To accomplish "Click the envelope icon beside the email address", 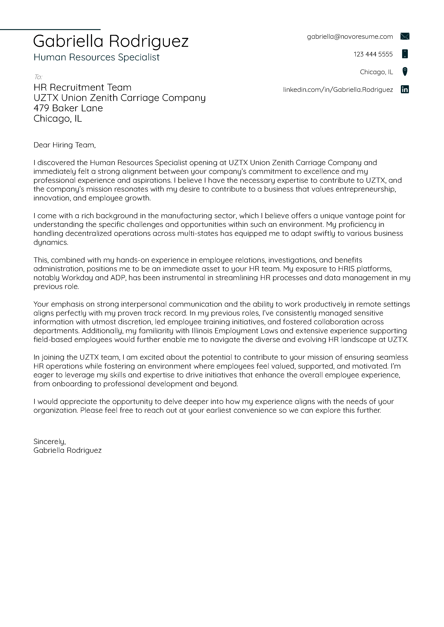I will tap(405, 36).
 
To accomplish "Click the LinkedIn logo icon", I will tap(405, 89).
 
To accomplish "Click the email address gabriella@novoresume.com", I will tap(350, 37).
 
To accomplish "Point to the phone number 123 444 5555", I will tap(373, 54).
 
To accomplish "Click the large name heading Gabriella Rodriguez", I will tap(111, 41).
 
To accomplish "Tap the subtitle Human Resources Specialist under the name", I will tap(96, 57).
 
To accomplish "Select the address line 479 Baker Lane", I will tap(68, 108).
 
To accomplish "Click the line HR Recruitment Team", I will tap(82, 87).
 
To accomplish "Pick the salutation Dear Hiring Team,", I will tap(65, 145).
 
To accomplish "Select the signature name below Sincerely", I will tap(67, 450).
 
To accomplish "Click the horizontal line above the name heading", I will tap(50, 29).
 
